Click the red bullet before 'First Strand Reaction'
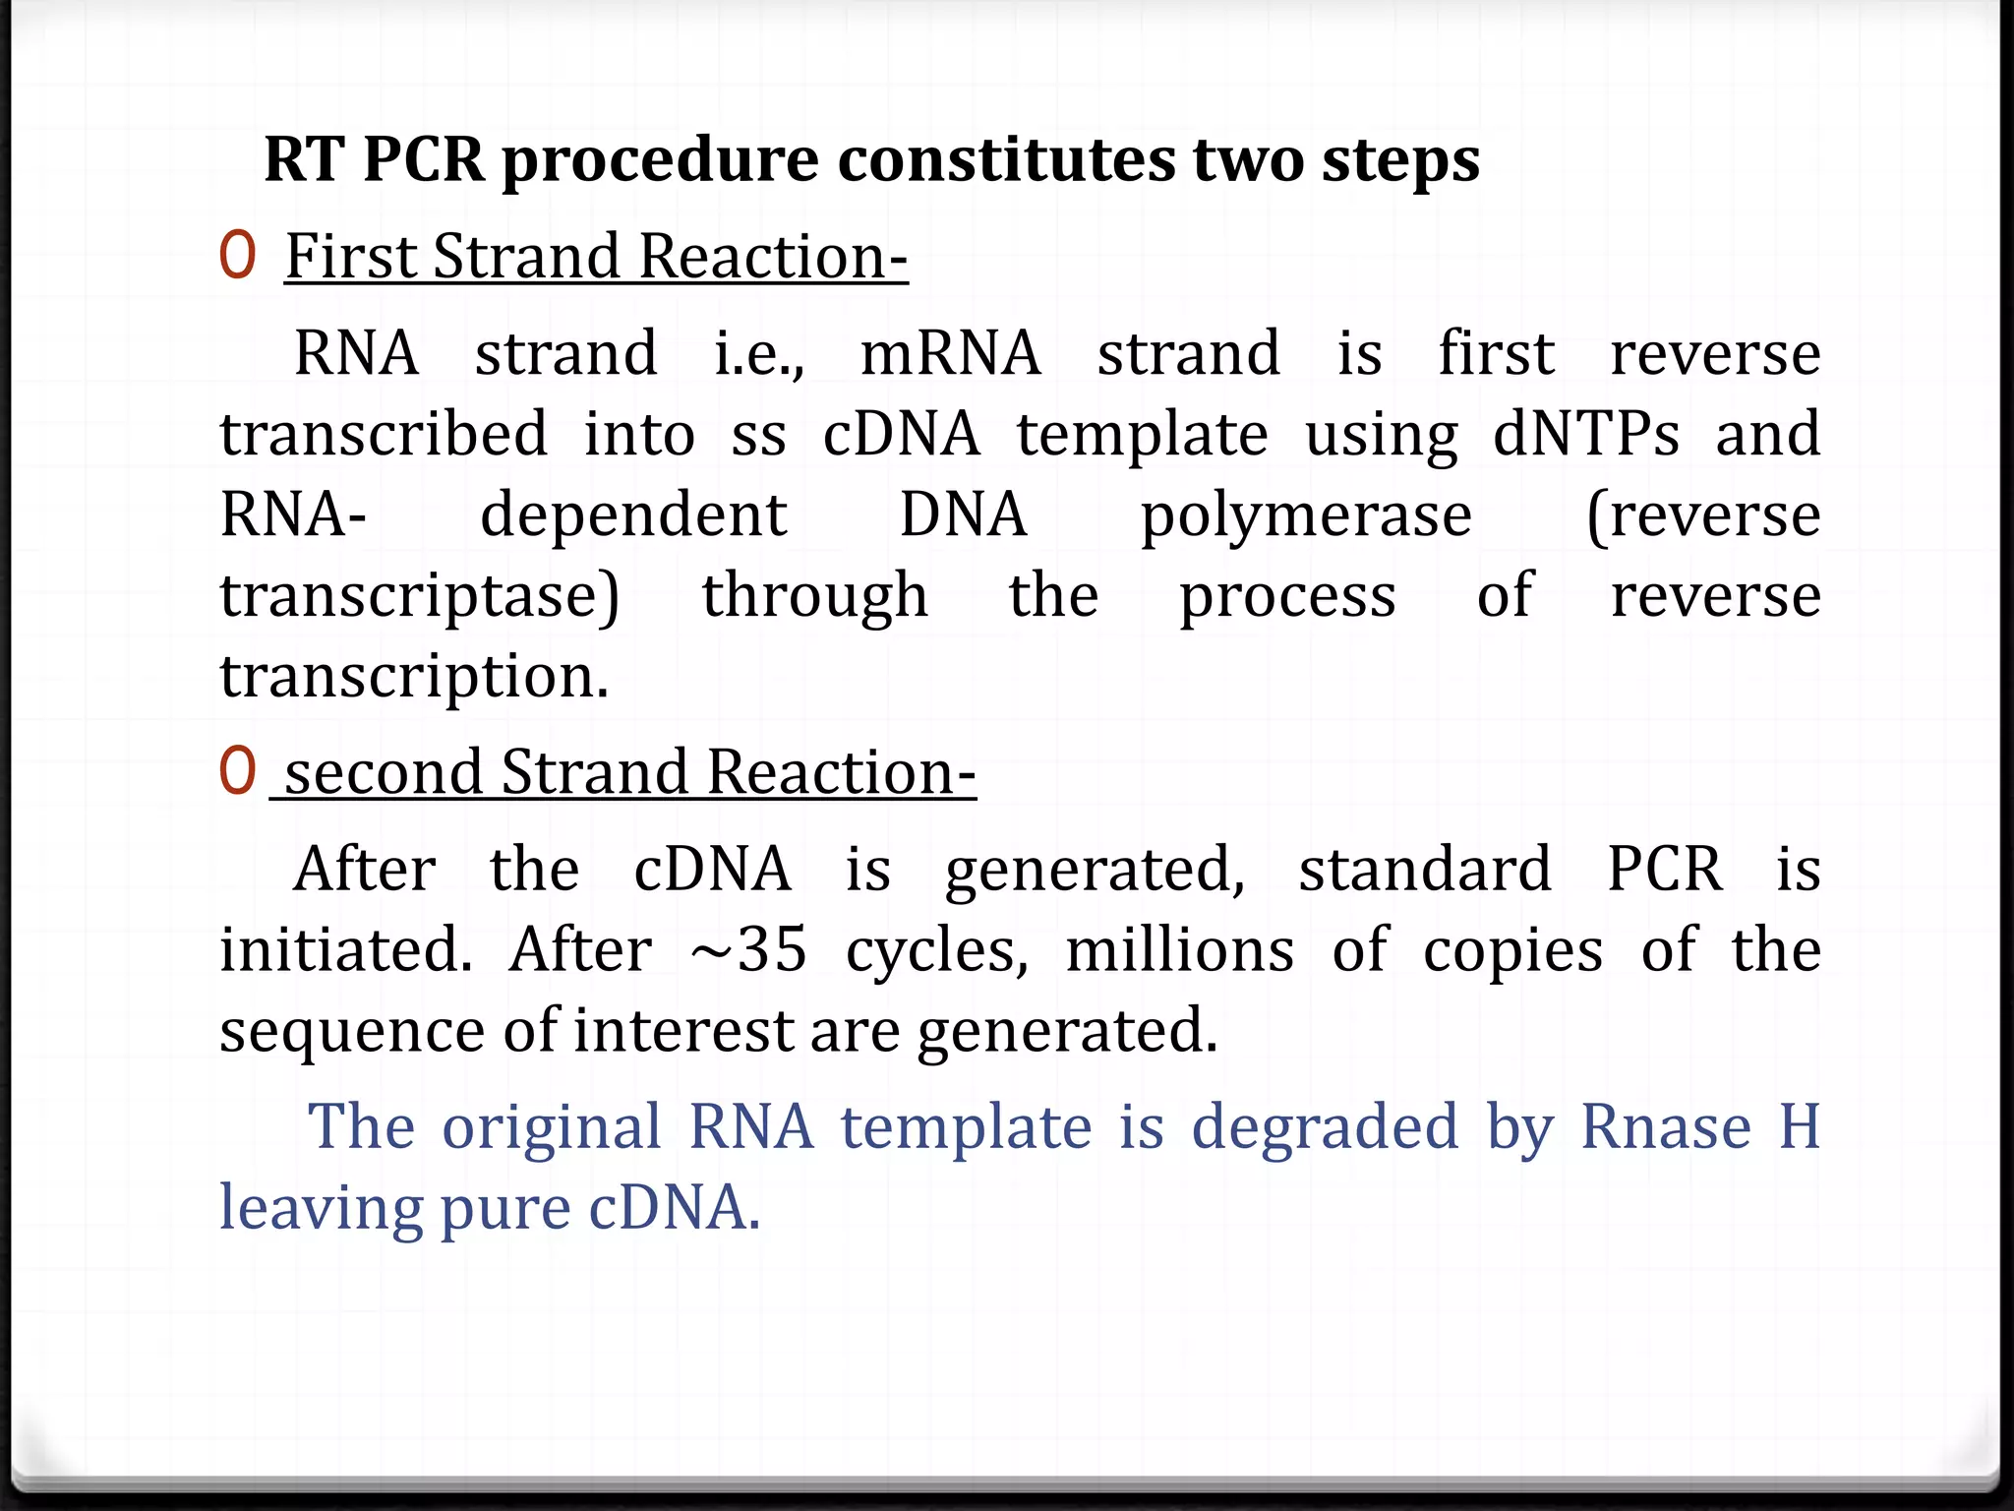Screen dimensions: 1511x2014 coord(237,255)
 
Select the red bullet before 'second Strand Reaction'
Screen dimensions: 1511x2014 coord(237,770)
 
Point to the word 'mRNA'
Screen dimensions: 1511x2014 coord(950,353)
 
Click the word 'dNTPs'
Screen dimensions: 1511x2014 coord(1586,434)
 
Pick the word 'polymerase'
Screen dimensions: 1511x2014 coord(1306,516)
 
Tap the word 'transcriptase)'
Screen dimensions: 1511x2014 coord(420,596)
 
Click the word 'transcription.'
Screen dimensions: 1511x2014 coord(414,677)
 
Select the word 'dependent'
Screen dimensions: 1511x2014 coord(633,514)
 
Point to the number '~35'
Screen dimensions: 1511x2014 coord(748,950)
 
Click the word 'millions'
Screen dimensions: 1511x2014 coord(1180,950)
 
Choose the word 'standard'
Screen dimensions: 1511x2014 coord(1425,870)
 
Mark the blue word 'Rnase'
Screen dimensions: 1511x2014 coord(1666,1126)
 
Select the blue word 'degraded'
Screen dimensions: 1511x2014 coord(1325,1128)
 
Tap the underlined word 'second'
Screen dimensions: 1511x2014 coord(384,772)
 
